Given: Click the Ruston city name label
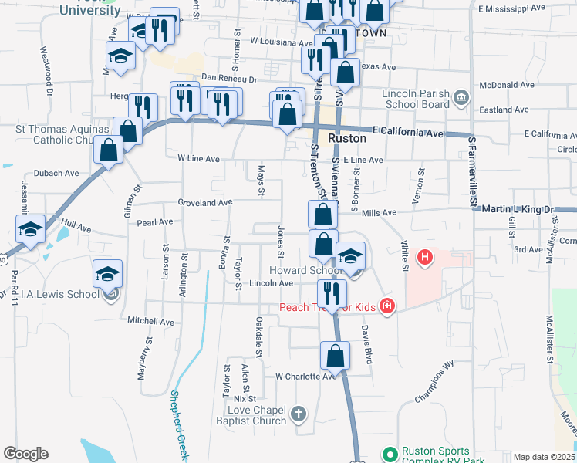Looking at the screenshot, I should click(x=347, y=139).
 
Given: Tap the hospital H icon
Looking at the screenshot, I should click(x=423, y=256).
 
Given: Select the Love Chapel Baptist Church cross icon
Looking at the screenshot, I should click(x=299, y=415).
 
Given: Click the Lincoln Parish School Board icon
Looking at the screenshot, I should click(x=462, y=97).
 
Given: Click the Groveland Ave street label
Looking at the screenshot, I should click(x=204, y=203).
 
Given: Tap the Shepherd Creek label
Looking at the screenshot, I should click(x=177, y=425).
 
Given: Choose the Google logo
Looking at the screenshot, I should click(x=25, y=454).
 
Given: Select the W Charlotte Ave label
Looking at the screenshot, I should click(x=306, y=377).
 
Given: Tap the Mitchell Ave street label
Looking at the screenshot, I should click(x=151, y=321).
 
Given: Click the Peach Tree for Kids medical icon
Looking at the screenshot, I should click(x=386, y=308).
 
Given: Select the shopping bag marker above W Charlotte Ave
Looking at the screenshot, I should click(x=335, y=356).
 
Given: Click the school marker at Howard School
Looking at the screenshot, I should click(x=350, y=256).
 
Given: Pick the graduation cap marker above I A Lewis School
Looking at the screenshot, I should click(x=108, y=274).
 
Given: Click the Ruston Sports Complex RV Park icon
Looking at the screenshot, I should click(x=390, y=453).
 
